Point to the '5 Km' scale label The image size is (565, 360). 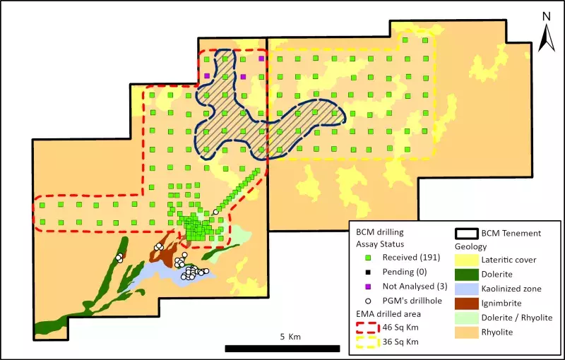coord(290,337)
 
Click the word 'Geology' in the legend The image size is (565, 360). coord(470,247)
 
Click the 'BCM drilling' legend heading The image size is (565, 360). coord(380,232)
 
